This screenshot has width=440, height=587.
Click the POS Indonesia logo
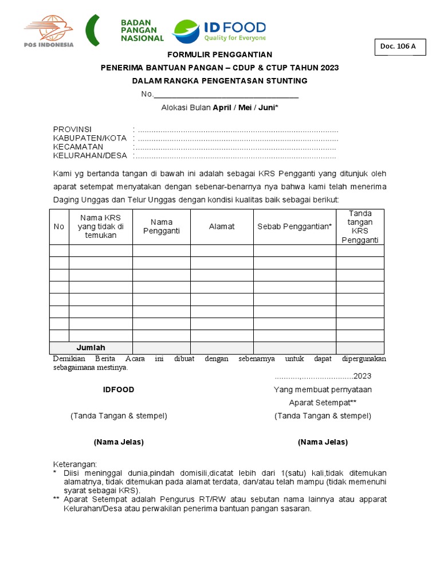click(x=49, y=34)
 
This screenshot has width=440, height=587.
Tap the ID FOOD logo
click(x=219, y=32)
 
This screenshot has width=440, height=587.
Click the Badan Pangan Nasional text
click(x=142, y=30)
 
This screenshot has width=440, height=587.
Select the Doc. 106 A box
click(x=400, y=46)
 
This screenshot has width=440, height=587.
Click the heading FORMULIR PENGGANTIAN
click(x=219, y=55)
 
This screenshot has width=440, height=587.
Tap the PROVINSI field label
click(x=72, y=129)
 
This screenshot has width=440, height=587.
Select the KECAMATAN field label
click(x=78, y=147)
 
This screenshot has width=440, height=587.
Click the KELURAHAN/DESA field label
click(x=89, y=155)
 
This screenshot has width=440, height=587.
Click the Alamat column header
click(x=222, y=226)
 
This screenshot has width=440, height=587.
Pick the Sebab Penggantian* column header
click(x=294, y=226)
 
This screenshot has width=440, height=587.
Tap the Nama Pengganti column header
click(x=162, y=226)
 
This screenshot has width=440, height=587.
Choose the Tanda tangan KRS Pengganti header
click(x=360, y=226)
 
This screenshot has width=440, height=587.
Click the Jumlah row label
click(x=91, y=347)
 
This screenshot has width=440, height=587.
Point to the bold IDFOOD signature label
click(x=119, y=389)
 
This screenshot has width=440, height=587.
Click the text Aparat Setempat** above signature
click(x=323, y=402)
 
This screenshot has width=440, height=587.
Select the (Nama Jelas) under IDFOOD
click(x=119, y=442)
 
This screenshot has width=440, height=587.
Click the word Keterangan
click(x=75, y=464)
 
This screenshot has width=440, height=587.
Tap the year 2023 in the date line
click(x=362, y=376)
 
